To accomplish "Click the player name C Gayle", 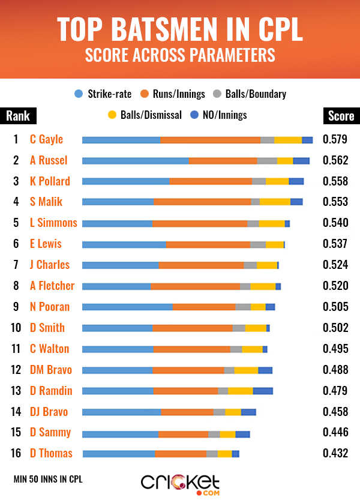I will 46,139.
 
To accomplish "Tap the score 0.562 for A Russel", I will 335,160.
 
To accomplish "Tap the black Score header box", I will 340,116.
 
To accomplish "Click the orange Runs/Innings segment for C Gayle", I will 210,140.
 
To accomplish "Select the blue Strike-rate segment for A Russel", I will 135,161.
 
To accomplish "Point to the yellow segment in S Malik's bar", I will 275,202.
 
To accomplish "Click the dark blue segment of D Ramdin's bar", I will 263,391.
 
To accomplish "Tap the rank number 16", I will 16,453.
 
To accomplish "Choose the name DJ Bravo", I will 49,412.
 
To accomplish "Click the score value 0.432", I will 335,453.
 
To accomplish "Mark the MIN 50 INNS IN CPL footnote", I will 47,479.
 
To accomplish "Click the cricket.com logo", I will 180,483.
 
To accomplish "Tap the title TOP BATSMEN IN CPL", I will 180,29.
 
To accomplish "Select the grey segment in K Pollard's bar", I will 259,181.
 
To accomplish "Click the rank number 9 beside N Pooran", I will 16,307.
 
